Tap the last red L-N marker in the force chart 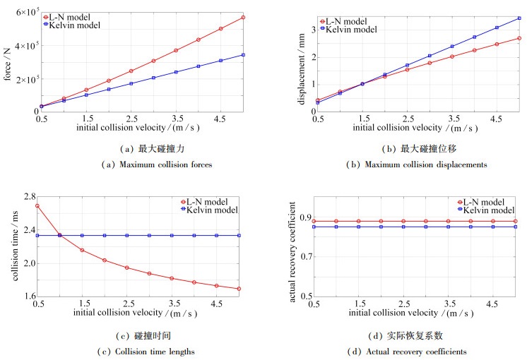[243, 17]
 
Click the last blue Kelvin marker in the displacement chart [519, 18]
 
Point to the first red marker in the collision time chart [37, 205]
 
